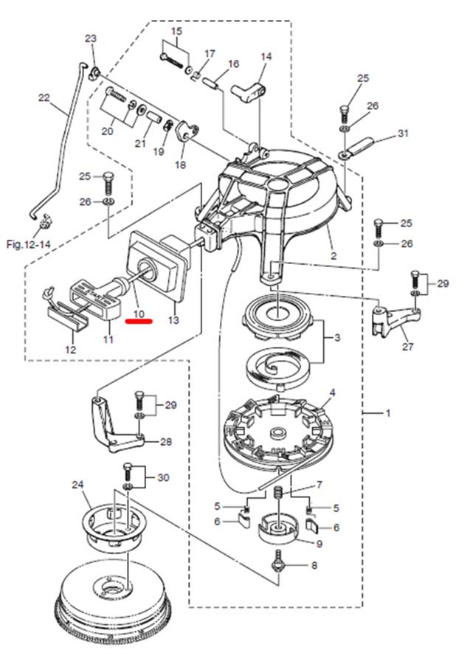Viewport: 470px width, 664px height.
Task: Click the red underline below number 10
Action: pyautogui.click(x=139, y=322)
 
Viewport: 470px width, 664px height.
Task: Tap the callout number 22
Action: pyautogui.click(x=44, y=98)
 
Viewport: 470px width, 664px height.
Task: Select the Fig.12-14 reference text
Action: pyautogui.click(x=28, y=244)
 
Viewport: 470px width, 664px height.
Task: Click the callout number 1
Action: pyautogui.click(x=388, y=412)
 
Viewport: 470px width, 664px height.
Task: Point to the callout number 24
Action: pyautogui.click(x=78, y=485)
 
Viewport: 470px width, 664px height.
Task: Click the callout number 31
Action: pyautogui.click(x=403, y=133)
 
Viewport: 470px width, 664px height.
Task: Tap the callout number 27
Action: pyautogui.click(x=407, y=347)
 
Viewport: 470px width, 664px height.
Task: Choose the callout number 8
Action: pyautogui.click(x=314, y=565)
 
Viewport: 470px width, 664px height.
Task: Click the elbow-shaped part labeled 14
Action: pyautogui.click(x=249, y=92)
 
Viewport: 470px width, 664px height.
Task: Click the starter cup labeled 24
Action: pyautogui.click(x=114, y=529)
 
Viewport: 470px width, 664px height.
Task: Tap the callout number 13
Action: pyautogui.click(x=173, y=320)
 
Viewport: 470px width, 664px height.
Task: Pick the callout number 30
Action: pyautogui.click(x=163, y=477)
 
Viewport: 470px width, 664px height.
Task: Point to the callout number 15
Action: pyautogui.click(x=176, y=31)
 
